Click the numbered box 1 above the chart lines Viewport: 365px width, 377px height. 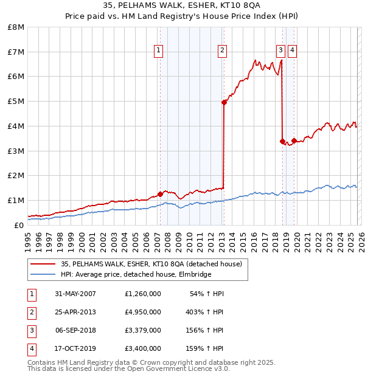(x=158, y=50)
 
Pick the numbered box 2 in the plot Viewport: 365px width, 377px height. (x=223, y=50)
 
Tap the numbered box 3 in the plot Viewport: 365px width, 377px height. (x=280, y=50)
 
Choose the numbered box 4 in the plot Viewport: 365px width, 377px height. (x=293, y=50)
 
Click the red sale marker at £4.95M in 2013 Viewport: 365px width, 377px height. (x=224, y=102)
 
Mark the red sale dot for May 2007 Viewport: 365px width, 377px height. (x=161, y=194)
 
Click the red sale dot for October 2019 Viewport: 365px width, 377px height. (x=294, y=140)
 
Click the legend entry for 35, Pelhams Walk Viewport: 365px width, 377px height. (x=151, y=264)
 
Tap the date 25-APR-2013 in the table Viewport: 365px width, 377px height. (x=75, y=312)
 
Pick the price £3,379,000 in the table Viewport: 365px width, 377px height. (x=143, y=330)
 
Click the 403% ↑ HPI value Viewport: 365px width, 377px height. (x=204, y=312)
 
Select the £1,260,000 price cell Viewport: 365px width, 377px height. (x=143, y=294)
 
